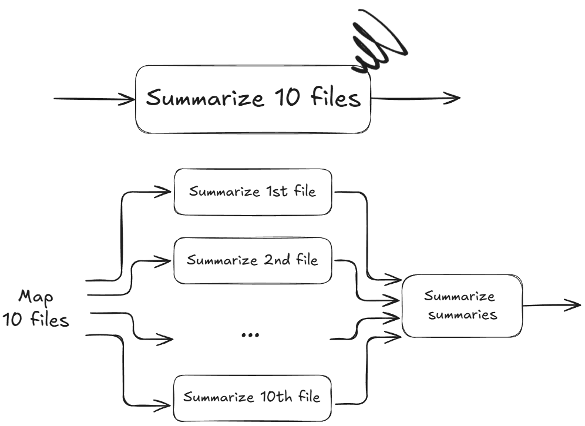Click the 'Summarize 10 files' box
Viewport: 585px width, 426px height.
[253, 99]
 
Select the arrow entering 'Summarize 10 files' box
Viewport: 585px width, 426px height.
[94, 99]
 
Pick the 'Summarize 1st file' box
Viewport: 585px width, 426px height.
[253, 192]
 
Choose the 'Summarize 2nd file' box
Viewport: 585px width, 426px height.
[253, 259]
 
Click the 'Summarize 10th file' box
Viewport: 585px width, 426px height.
[253, 397]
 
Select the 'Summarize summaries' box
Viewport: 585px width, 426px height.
[462, 305]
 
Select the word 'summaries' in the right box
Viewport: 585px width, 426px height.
[462, 314]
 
